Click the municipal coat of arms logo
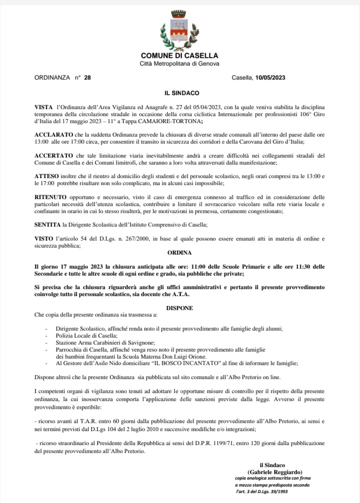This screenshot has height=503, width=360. tap(179, 29)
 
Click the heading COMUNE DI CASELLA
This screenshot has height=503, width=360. tap(179, 55)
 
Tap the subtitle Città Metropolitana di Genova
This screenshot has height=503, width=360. tap(179, 63)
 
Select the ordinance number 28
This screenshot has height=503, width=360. tap(87, 78)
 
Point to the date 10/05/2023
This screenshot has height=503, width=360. tap(270, 78)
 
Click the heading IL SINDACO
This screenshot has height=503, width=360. tap(179, 93)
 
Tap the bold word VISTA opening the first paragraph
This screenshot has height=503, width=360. tap(43, 107)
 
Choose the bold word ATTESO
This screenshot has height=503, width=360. tap(47, 176)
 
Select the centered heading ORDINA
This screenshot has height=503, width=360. tap(179, 253)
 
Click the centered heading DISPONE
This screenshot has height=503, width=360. tap(179, 308)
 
